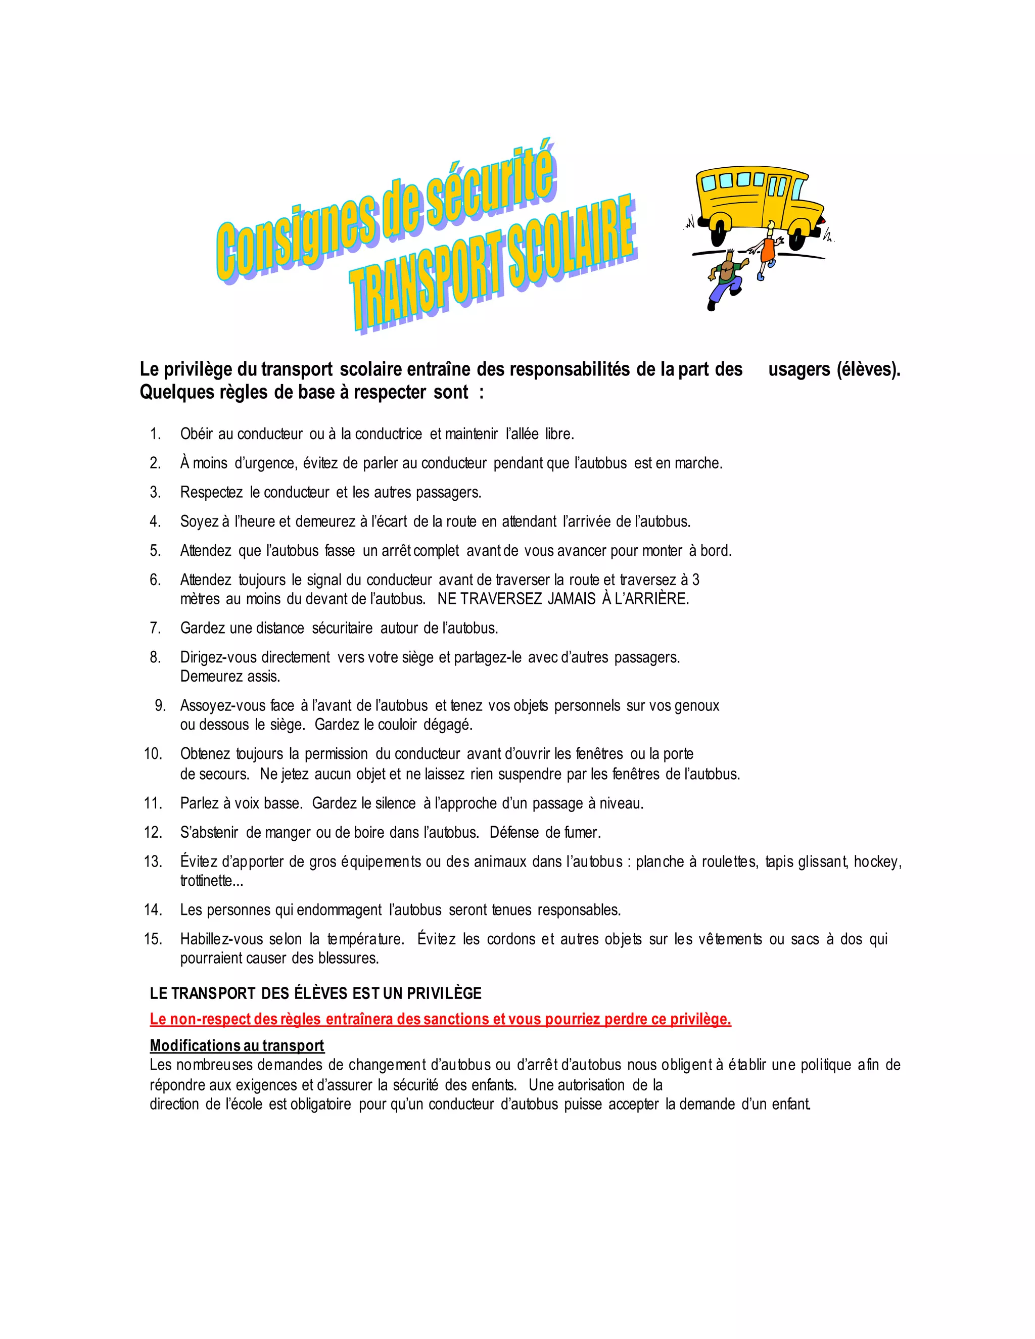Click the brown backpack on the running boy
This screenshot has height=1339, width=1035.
tap(727, 270)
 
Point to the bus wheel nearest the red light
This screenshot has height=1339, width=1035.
tap(797, 236)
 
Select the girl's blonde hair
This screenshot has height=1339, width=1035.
tap(771, 226)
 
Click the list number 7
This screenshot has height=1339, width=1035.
tap(155, 628)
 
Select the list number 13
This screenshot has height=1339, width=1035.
tap(153, 862)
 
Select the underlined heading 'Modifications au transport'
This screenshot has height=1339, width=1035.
tap(237, 1045)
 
